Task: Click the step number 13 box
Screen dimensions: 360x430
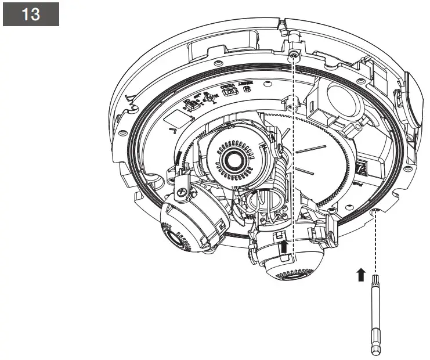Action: coord(31,15)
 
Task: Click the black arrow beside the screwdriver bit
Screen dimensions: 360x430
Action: coord(360,274)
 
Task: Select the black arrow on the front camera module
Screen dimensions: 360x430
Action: coord(284,248)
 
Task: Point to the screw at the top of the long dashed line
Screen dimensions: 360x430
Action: coord(294,55)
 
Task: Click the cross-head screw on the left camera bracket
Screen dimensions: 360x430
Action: coord(182,190)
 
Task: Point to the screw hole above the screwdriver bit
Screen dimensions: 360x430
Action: coord(376,210)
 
